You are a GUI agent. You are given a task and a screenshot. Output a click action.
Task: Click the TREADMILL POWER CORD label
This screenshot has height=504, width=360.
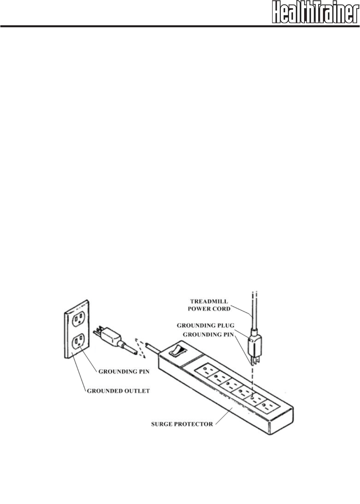(x=209, y=305)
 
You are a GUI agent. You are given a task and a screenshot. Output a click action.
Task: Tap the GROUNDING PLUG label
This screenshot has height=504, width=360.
(x=205, y=325)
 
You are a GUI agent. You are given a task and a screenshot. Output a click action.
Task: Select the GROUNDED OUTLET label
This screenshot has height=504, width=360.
(x=118, y=391)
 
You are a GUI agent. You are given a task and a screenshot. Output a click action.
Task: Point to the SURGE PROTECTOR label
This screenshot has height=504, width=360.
(x=182, y=424)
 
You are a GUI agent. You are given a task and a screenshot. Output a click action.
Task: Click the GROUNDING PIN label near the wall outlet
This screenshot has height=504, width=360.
(x=124, y=371)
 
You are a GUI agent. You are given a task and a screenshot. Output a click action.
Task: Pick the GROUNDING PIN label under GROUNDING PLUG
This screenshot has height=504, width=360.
(x=208, y=334)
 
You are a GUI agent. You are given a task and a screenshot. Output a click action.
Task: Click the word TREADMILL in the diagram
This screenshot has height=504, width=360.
(x=209, y=301)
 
